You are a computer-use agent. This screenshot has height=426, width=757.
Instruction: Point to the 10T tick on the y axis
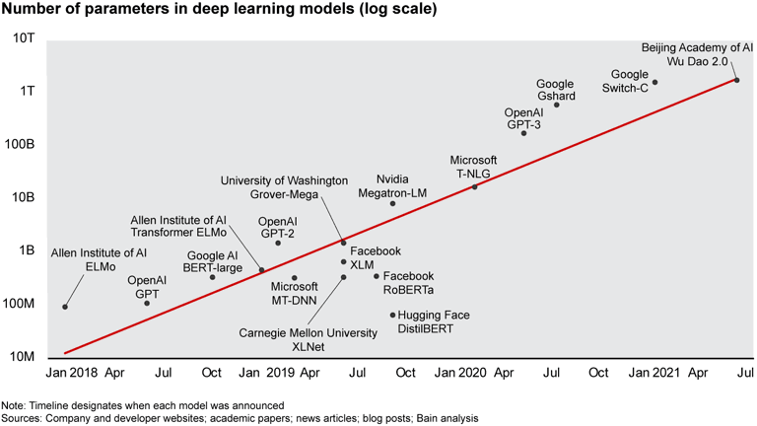coord(24,37)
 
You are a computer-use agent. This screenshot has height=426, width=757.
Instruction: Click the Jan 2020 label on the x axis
coord(458,375)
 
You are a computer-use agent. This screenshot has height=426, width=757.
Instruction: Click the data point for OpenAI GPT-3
coord(523,133)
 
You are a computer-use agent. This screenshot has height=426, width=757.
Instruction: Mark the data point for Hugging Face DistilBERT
coord(392,316)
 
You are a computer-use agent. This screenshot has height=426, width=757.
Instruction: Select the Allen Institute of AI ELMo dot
coord(65,307)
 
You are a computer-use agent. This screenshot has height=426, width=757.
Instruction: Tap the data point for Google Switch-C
coord(654,83)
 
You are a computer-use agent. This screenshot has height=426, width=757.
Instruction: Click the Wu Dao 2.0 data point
coord(736,80)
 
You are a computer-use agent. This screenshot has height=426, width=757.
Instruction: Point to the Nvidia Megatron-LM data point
coord(392,204)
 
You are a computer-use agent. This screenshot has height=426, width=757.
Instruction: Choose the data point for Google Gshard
coord(557,105)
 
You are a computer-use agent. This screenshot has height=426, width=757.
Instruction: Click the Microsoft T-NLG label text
coord(473,166)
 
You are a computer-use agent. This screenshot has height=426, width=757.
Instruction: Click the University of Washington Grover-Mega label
coord(284,187)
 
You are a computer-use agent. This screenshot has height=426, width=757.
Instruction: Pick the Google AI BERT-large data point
coord(213,277)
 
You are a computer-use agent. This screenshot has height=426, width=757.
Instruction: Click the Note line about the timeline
coord(143,405)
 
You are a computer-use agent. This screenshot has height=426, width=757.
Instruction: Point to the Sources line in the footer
coord(240,418)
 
